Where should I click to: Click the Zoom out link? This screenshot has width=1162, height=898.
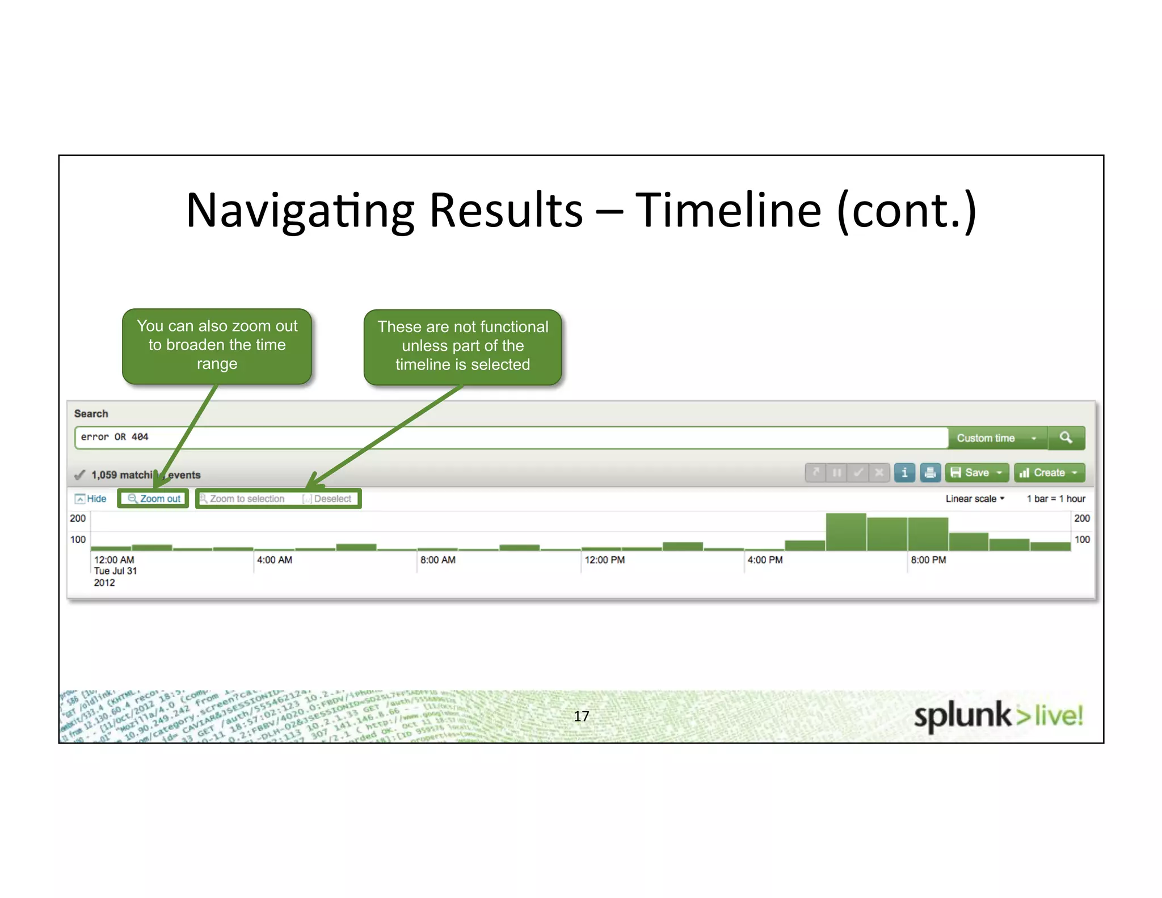pyautogui.click(x=154, y=498)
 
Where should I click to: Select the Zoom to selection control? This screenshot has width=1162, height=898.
pyautogui.click(x=242, y=498)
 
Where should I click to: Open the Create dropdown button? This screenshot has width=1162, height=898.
pyautogui.click(x=1049, y=472)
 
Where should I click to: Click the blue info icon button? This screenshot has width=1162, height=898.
pyautogui.click(x=904, y=472)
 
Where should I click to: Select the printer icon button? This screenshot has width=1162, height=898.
pyautogui.click(x=930, y=472)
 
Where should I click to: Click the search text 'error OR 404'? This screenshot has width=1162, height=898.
pyautogui.click(x=115, y=437)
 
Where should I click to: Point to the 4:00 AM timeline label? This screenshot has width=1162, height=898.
pyautogui.click(x=275, y=560)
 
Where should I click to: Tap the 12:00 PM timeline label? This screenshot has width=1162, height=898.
pyautogui.click(x=604, y=560)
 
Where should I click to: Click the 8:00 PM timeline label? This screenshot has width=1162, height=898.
pyautogui.click(x=928, y=560)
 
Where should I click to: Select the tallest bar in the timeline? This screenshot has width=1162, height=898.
pyautogui.click(x=845, y=532)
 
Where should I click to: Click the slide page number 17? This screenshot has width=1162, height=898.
pyautogui.click(x=581, y=716)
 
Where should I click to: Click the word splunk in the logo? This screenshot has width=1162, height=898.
pyautogui.click(x=962, y=715)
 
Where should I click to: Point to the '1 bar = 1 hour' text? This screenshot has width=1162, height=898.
pyautogui.click(x=1055, y=498)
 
